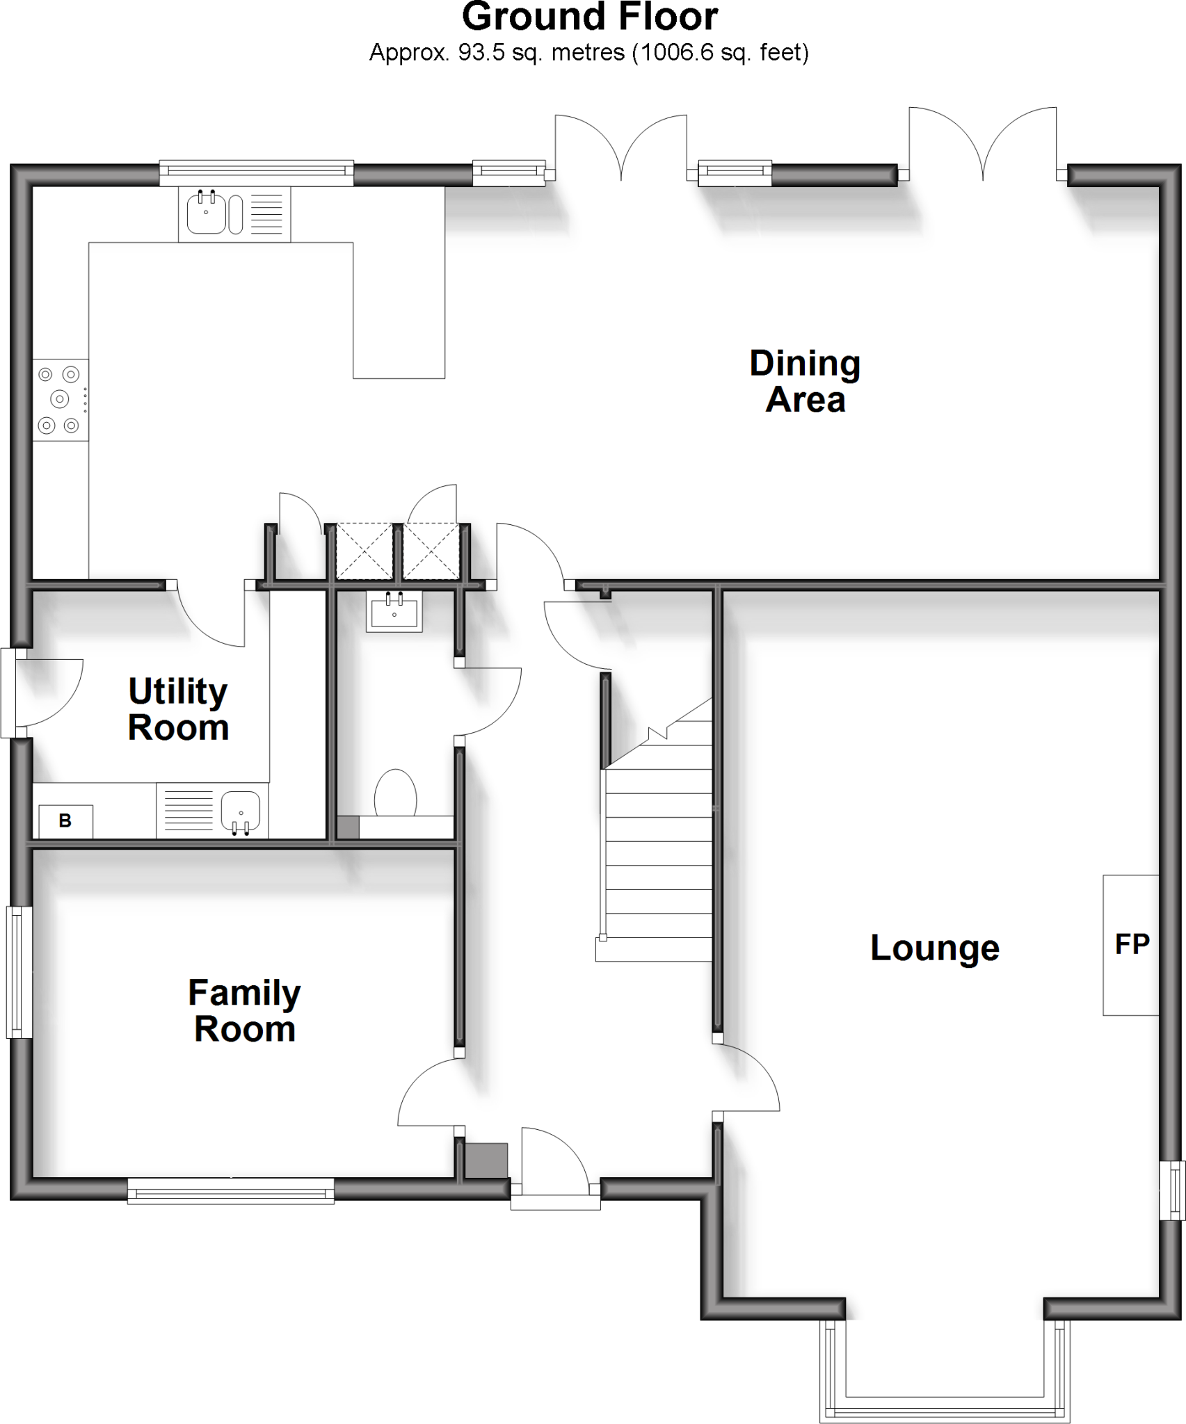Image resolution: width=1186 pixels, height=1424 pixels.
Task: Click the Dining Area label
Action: coord(805,382)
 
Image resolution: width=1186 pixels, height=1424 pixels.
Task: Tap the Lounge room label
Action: coord(934,948)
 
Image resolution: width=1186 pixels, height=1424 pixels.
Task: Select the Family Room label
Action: coord(244,1011)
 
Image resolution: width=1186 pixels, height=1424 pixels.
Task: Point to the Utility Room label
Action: coord(178,709)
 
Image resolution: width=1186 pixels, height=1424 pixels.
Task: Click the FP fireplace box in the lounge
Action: coord(1131,945)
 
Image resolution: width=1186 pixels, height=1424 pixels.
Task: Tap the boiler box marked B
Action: coord(65,821)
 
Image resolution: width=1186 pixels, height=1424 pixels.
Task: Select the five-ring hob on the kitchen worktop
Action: coord(61,399)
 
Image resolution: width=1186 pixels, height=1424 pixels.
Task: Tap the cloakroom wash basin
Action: coord(394,612)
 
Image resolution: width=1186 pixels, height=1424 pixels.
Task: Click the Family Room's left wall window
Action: coord(19,971)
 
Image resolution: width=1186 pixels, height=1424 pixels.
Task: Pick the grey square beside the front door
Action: coord(486,1160)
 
